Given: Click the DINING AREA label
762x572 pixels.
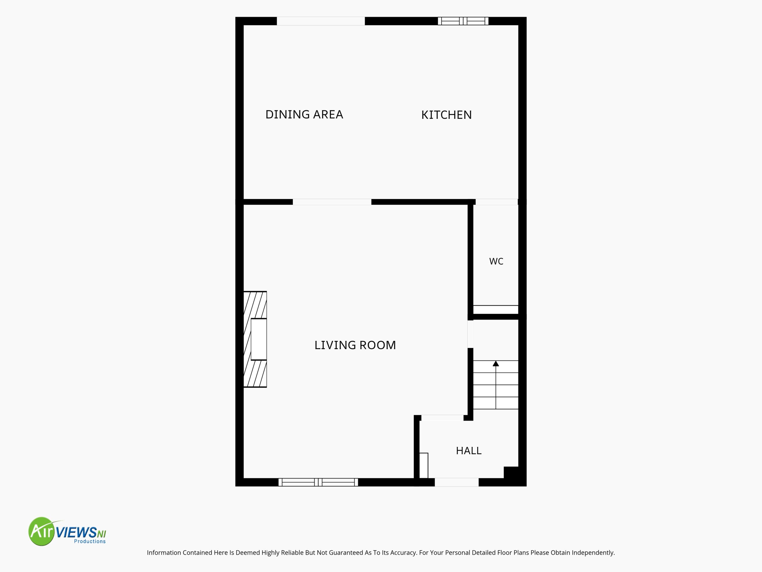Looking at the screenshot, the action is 304,114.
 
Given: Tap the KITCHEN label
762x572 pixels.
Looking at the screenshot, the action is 446,115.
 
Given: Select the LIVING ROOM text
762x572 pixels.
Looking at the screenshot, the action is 355,345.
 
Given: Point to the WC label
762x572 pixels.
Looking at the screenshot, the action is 496,261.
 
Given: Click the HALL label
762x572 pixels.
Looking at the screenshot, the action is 469,451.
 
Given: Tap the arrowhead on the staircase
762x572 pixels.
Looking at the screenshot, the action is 496,363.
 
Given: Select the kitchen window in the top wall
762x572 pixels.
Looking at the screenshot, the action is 463,21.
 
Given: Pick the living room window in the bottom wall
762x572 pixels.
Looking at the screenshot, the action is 318,482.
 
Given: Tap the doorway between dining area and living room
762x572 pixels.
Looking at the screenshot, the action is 332,202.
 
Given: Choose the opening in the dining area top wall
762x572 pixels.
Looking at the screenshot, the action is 321,21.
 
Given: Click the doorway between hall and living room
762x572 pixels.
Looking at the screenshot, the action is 442,418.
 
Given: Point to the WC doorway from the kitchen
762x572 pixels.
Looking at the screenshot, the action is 496,202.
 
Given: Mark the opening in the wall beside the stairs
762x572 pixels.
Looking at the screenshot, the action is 470,334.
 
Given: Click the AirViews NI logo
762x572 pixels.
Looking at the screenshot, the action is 67,531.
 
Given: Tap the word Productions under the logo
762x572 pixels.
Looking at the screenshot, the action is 90,541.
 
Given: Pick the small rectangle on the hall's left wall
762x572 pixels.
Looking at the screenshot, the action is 424,465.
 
